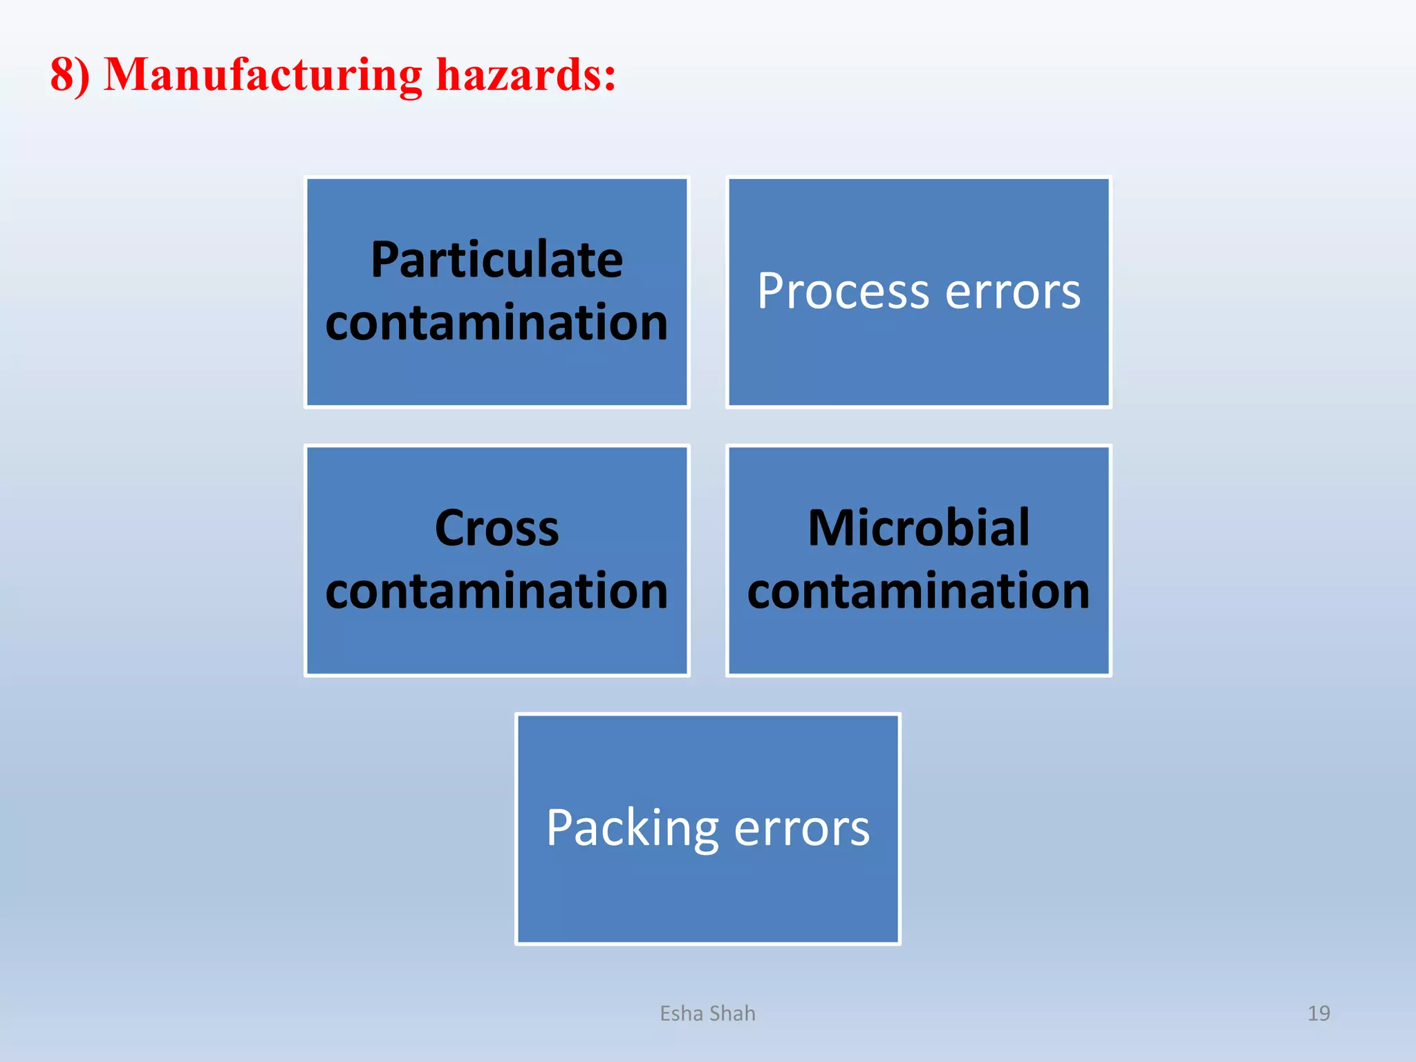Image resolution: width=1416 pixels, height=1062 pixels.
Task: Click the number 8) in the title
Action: (x=70, y=75)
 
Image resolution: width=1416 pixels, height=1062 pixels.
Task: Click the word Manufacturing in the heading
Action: (x=263, y=75)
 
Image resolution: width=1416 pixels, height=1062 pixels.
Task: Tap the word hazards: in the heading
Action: (x=525, y=75)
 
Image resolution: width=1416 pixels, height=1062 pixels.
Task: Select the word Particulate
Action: (x=496, y=260)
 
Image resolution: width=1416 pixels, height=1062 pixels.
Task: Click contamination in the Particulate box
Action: (x=496, y=323)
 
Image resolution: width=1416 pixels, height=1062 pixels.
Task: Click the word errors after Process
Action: (x=1012, y=292)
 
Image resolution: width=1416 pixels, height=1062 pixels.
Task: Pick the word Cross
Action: (x=496, y=528)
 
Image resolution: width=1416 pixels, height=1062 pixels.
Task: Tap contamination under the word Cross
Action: (x=496, y=591)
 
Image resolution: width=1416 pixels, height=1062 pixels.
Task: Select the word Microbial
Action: (x=918, y=528)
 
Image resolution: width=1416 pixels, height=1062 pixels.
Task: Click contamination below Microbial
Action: (x=918, y=591)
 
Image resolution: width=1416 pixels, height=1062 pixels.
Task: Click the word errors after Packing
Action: (x=801, y=828)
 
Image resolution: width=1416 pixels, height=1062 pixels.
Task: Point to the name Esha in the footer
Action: (x=682, y=1014)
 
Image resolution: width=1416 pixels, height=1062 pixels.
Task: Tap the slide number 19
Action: (x=1319, y=1014)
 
